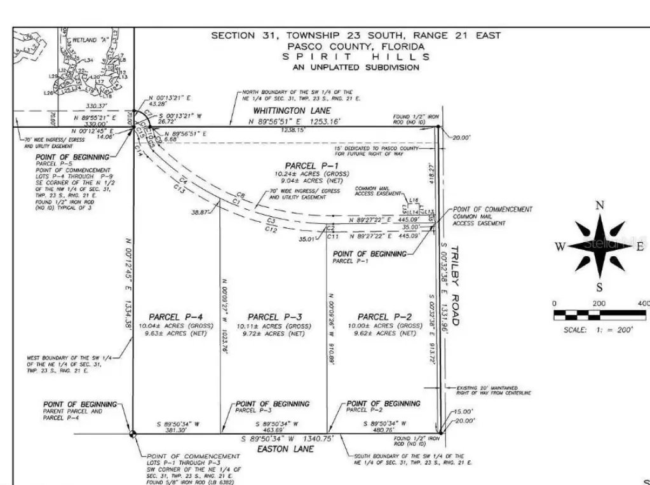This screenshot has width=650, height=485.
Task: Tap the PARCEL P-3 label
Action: (274, 317)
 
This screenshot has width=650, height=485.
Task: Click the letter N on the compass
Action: (599, 205)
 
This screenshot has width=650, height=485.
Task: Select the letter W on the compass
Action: (559, 247)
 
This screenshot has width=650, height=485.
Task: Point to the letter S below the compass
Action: (599, 287)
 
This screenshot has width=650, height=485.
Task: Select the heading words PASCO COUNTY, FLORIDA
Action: (356, 46)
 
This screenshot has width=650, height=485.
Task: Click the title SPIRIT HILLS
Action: (356, 57)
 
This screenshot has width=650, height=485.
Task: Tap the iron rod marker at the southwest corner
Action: (132, 434)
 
